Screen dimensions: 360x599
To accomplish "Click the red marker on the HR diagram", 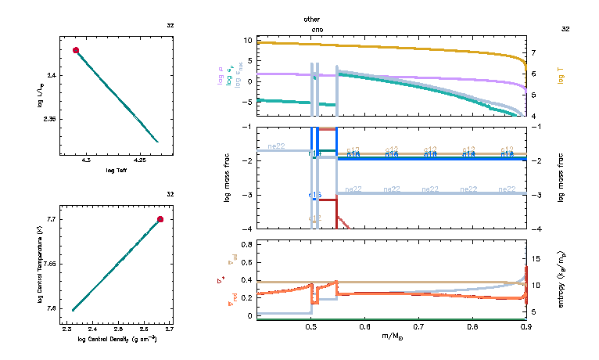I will point(76,50).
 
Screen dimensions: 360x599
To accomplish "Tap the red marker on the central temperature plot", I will point(160,219).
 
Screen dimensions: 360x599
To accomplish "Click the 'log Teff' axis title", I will point(116,171).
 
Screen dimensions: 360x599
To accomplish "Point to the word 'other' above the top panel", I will point(311,18).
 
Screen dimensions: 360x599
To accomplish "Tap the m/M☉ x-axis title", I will point(391,337).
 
